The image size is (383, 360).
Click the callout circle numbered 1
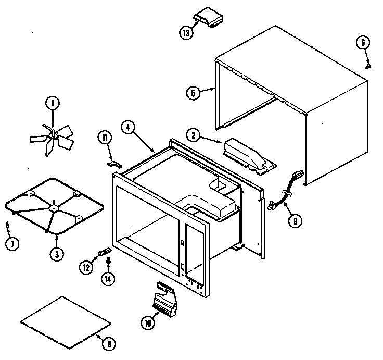click(x=53, y=103)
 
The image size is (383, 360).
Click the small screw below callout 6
click(x=369, y=66)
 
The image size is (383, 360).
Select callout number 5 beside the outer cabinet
click(x=193, y=93)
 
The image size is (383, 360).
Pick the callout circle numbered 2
click(x=194, y=135)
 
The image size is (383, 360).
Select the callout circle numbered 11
click(x=105, y=138)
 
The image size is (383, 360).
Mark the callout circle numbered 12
click(x=86, y=267)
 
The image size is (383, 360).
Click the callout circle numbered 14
click(x=108, y=278)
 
